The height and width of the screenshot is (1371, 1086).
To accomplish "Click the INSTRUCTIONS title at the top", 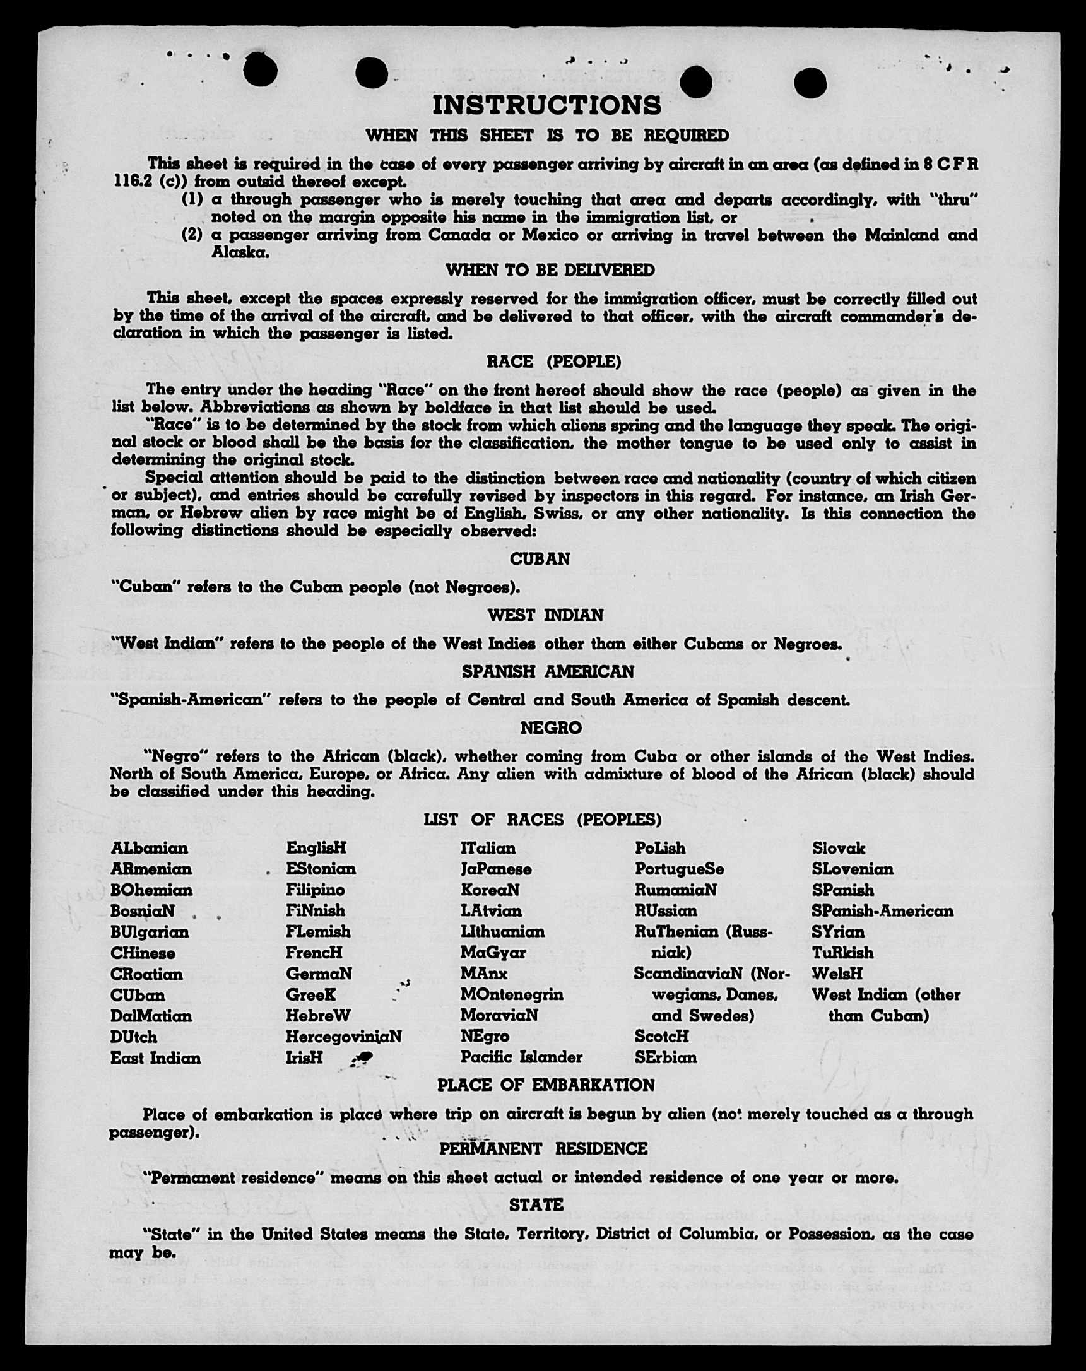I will point(547,105).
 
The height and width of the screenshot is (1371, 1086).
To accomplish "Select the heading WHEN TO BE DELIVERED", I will point(550,270).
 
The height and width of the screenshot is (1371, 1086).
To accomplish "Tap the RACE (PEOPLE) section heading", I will point(553,362).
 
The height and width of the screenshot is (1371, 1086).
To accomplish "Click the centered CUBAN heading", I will point(540,559).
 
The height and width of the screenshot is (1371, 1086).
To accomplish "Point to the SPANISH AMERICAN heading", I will point(548,671).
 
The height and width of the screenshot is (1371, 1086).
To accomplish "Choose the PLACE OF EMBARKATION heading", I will point(546,1085).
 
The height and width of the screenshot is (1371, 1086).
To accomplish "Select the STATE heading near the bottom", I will point(536,1205).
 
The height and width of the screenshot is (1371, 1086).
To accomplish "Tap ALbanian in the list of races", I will point(150,849).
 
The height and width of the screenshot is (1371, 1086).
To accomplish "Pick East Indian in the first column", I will point(155,1058).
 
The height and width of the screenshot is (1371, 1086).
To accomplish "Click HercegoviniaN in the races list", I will point(343,1037).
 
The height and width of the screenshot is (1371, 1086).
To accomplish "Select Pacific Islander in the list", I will point(521,1057).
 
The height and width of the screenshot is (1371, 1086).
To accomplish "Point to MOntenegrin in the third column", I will point(512,994).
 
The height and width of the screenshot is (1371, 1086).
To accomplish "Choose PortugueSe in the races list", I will point(679,869).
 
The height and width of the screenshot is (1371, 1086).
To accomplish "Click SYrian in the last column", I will point(838,932).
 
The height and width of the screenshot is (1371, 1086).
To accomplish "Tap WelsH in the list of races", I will point(837,974).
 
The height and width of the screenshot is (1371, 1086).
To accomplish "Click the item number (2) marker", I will point(192,235).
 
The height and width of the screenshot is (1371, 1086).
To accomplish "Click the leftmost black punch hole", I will point(259,69).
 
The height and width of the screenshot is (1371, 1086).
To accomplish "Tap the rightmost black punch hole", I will point(810,83).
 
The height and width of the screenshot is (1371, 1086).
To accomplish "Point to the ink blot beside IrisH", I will point(364,1057).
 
